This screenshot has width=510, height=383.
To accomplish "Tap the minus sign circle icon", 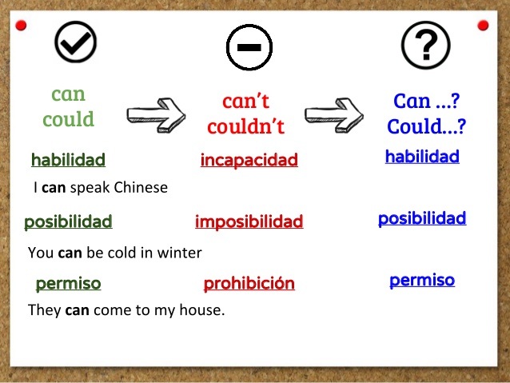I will coord(249,47).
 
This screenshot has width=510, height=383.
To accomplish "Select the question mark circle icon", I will coord(425,44).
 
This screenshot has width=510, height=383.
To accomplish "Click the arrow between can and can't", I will coord(157,112).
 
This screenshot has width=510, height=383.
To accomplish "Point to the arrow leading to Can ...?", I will coord(334,113).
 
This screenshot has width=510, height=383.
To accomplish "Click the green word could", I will coord(68,120).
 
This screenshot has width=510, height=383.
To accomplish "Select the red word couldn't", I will coord(245,126).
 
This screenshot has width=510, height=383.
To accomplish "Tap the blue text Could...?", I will coord(426,126).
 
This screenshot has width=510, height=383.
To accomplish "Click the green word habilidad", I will coord(68,160).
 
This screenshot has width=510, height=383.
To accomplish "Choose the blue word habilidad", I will coord(422,157).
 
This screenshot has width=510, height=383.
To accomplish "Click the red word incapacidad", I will coord(249,160).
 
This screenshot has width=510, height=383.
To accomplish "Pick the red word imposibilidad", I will coord(249,221).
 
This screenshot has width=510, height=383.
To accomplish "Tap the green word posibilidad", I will coord(68,221).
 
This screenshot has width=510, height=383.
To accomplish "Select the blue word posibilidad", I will coord(422,218).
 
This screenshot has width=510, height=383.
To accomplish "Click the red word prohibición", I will coord(249,283).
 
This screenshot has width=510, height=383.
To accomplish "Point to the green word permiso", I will coord(68,283).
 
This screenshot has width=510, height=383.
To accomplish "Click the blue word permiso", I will coord(422,280).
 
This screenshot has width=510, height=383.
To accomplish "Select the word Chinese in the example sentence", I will coord(141,189).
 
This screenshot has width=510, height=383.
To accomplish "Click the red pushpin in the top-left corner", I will coord(21,26).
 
